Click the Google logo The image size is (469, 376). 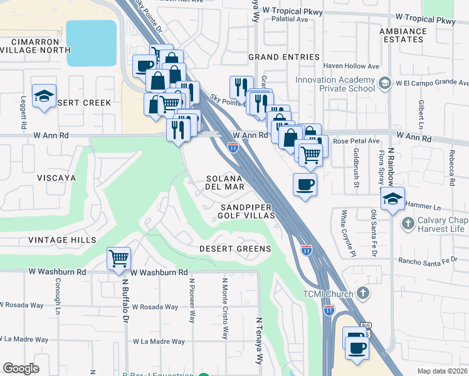coord(21,368)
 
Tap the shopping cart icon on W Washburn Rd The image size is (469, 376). coord(119,258)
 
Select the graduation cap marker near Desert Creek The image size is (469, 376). coord(44,96)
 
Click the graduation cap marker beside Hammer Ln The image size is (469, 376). coord(393,199)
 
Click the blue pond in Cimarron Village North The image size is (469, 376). coord(92,43)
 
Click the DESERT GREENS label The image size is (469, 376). coord(235,249)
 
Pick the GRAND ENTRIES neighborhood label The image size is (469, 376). coord(283,57)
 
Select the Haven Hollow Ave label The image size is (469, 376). coord(351,66)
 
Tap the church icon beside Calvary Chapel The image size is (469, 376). coord(408,222)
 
